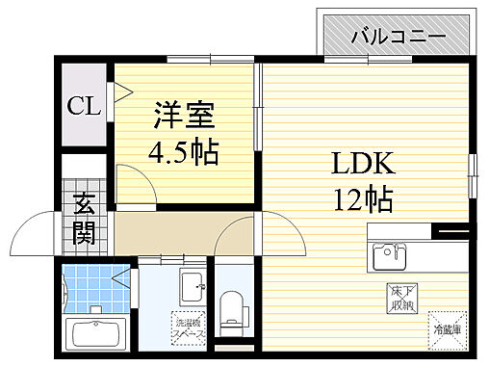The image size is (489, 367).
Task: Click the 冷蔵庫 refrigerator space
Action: coord(446,328)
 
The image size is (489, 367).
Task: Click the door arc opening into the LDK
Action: coord(236,235)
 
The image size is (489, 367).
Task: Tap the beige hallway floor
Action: coord(164,231)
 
